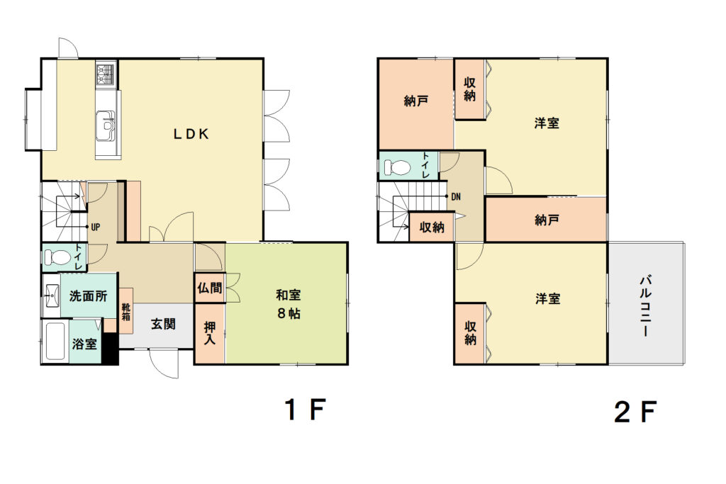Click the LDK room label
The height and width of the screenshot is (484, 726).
click(x=191, y=134)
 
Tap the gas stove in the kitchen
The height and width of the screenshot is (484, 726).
click(x=106, y=73)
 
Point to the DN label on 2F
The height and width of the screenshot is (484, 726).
click(x=456, y=197)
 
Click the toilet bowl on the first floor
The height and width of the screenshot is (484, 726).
click(x=59, y=257)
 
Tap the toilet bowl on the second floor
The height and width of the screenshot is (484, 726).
click(x=397, y=167)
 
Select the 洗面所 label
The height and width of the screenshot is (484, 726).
click(x=88, y=296)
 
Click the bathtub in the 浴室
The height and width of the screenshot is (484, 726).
click(x=55, y=342)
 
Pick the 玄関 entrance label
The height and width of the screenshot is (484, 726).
click(x=164, y=324)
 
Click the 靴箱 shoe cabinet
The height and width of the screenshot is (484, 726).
click(x=126, y=311)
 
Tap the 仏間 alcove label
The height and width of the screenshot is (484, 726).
click(x=210, y=288)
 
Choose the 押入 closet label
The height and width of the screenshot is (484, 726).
click(x=210, y=333)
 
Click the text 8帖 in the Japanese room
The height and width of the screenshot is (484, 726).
click(x=289, y=314)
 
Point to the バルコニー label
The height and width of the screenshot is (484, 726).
click(x=647, y=306)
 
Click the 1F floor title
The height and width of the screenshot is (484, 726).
click(x=306, y=410)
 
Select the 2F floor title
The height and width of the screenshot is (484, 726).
click(x=636, y=412)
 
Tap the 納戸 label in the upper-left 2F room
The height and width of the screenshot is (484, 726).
click(x=415, y=101)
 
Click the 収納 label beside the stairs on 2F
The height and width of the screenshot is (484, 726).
click(x=432, y=227)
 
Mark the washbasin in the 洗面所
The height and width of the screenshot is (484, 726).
click(x=51, y=293)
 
